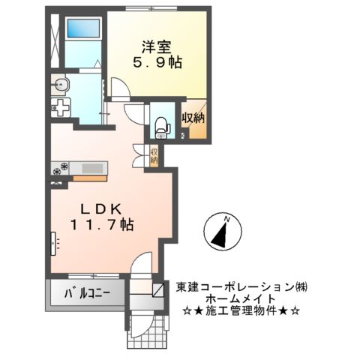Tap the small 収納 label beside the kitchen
(x=153, y=156)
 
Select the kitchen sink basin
(x=93, y=167)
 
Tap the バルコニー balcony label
(x=88, y=292)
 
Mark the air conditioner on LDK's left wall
(x=54, y=242)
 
